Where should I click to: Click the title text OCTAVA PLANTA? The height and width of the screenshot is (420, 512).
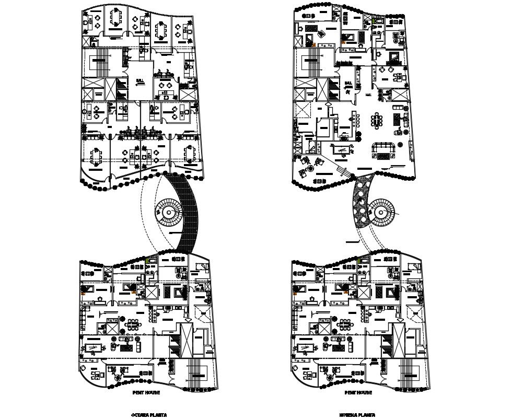[149, 415]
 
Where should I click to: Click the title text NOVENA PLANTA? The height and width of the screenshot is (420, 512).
[358, 415]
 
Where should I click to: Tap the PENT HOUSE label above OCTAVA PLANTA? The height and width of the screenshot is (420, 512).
[147, 392]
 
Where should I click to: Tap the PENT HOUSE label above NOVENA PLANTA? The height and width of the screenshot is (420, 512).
[358, 392]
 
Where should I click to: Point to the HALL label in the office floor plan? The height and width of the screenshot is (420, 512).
[139, 81]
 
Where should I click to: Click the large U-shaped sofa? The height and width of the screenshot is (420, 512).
[385, 151]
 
